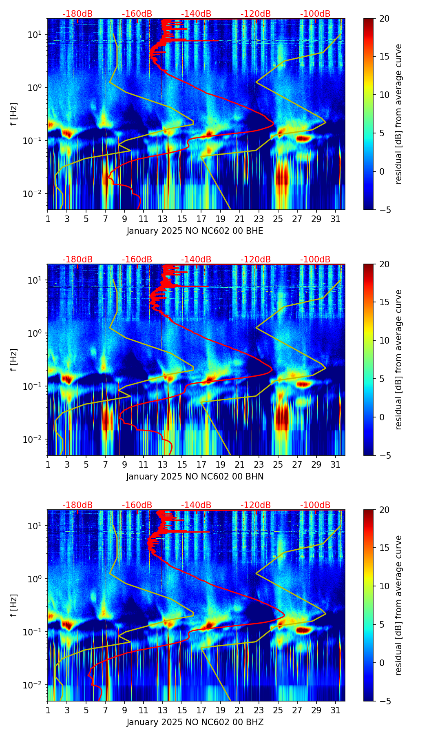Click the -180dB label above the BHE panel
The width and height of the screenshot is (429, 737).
77,14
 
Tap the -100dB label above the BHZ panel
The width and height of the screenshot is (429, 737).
315,505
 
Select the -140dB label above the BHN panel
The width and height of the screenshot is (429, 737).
196,260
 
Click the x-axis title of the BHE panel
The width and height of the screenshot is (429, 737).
195,231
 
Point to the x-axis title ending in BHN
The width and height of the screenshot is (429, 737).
195,477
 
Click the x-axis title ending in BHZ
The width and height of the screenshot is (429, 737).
195,722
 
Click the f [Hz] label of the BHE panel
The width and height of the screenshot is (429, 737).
14,114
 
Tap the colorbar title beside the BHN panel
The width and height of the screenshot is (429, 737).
398,360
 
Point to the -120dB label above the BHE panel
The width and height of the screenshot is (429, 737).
256,14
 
